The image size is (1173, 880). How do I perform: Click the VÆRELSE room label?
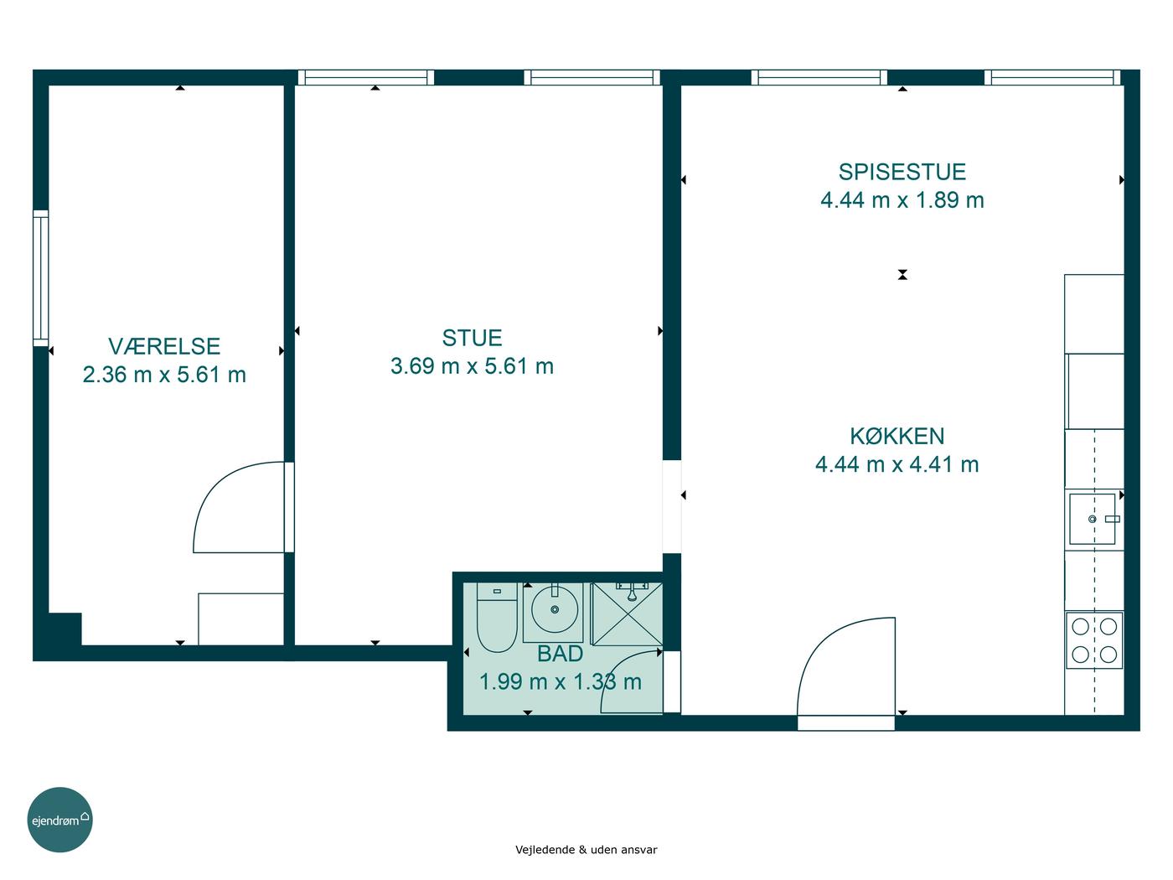(164, 346)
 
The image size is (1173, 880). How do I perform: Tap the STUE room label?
(472, 338)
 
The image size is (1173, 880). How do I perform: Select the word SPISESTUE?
(902, 172)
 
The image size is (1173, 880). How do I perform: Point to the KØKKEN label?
(897, 436)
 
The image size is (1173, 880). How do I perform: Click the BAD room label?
(560, 654)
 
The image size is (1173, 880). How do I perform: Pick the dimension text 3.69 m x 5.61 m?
(472, 366)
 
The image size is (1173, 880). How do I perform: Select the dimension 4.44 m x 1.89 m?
(902, 200)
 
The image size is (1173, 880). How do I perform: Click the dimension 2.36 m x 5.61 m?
(164, 375)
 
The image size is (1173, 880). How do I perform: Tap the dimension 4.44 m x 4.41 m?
(897, 464)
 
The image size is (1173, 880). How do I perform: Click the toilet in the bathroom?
(497, 617)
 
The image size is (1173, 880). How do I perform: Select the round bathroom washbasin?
(554, 609)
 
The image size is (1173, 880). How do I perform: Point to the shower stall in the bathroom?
(627, 614)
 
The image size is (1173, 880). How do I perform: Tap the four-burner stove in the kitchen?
(1094, 640)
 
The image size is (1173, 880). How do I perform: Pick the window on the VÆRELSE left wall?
(40, 278)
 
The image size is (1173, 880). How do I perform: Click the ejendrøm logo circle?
(59, 820)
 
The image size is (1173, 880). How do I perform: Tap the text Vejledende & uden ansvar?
(586, 850)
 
